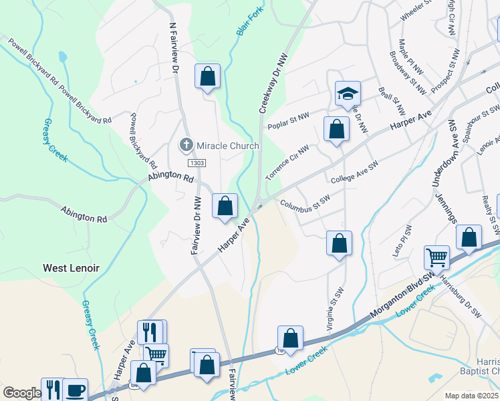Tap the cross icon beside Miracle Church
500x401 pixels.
(x=186, y=144)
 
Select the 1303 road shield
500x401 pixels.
(x=197, y=163)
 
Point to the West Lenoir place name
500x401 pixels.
(x=71, y=268)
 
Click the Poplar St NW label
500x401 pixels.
(x=288, y=121)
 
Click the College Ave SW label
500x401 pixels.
(x=354, y=172)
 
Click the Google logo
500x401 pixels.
(x=22, y=393)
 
